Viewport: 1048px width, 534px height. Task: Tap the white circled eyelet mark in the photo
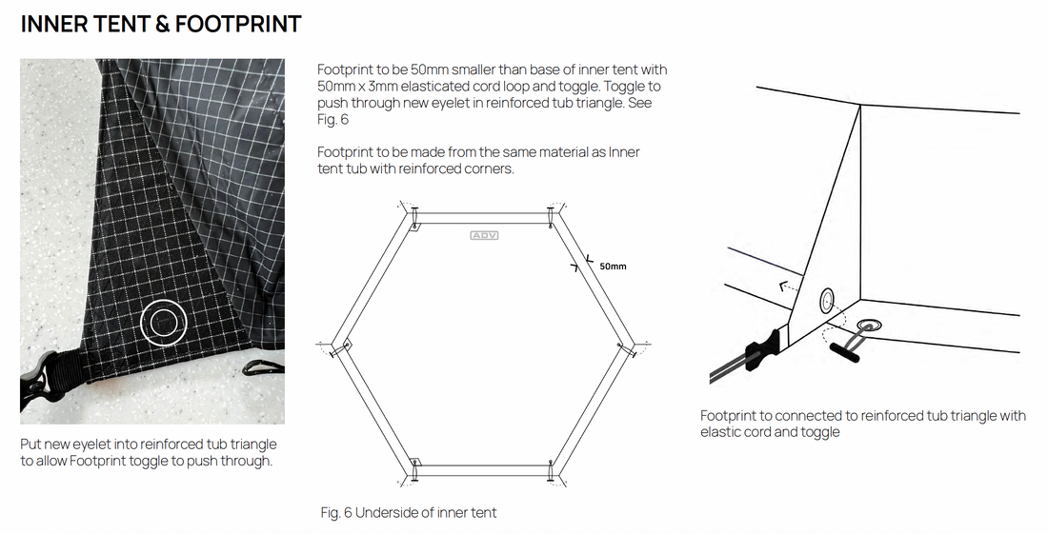point(162,324)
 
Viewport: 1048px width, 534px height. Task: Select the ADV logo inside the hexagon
point(484,234)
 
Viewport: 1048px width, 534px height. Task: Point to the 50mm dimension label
point(613,267)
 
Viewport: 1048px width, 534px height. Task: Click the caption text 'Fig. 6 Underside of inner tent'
point(408,513)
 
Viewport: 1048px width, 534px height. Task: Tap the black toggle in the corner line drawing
point(844,348)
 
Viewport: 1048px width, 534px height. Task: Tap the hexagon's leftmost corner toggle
point(346,344)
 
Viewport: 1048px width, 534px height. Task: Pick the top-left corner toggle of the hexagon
point(415,224)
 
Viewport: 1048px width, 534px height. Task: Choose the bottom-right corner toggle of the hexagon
point(552,466)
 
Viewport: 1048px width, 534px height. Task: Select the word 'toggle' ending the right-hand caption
point(820,432)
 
